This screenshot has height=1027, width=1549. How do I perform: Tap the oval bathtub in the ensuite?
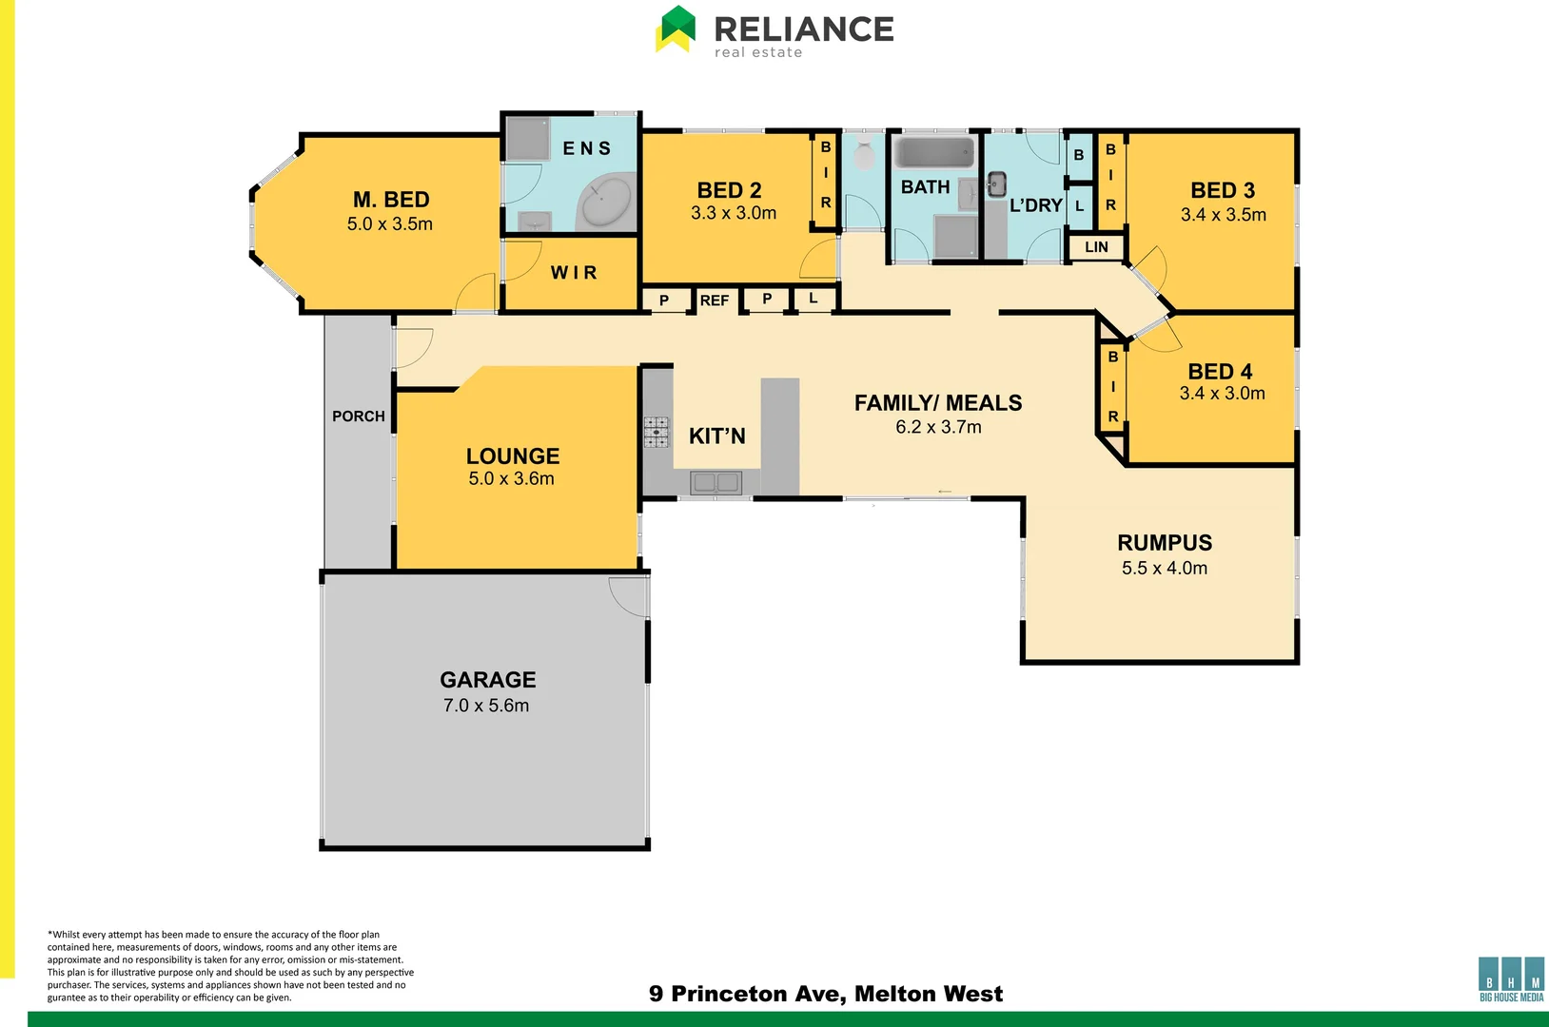606,202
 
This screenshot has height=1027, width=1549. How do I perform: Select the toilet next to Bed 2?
864,154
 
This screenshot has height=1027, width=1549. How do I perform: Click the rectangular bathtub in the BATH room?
934,153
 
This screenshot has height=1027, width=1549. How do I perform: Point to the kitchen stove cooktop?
657,432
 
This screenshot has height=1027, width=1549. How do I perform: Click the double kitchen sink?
716,483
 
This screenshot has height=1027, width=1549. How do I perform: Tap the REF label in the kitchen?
714,300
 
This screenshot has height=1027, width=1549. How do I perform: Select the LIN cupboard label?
1096,247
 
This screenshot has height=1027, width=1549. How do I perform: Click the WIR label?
574,273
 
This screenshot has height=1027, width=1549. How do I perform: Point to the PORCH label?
359,417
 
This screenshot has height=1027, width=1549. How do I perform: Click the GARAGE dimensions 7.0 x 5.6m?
486,706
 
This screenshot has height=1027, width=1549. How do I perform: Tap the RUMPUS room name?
1165,543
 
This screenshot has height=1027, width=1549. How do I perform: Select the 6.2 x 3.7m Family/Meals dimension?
938,427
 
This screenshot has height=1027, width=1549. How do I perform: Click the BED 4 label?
1220,372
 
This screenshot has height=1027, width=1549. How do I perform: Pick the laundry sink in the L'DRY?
996,184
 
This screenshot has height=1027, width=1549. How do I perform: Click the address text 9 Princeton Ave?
826,994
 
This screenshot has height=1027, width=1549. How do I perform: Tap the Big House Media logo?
1511,979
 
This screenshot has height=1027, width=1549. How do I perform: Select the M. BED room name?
391,200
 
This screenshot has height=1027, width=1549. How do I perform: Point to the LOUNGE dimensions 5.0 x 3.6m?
511,478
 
